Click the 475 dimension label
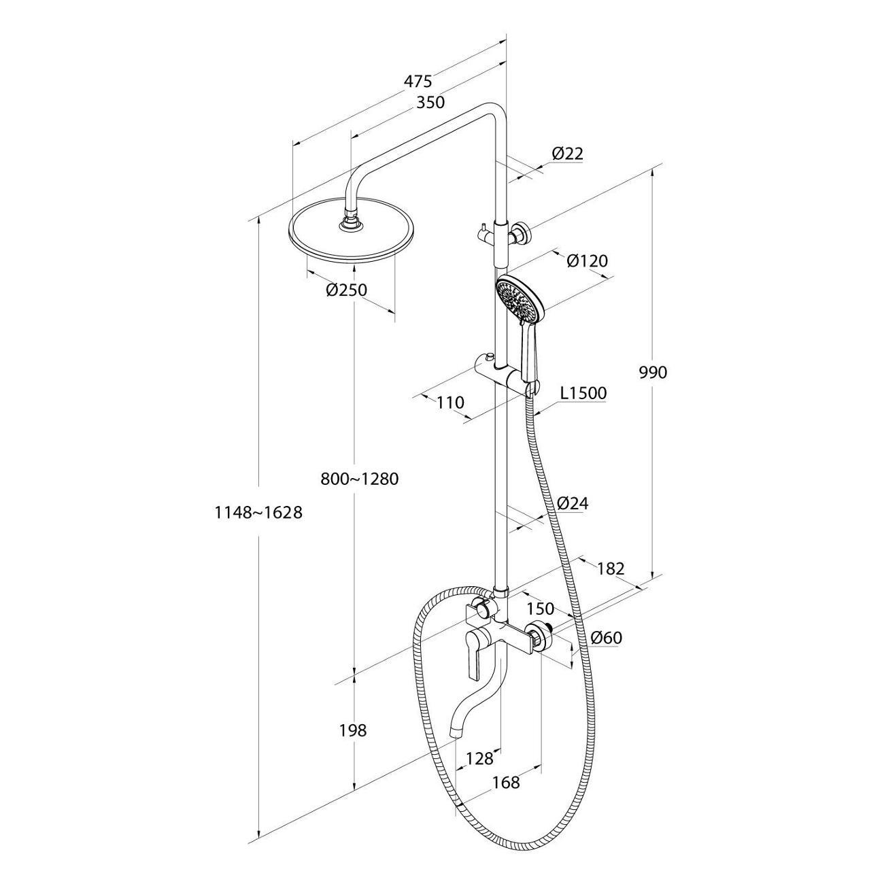click(418, 81)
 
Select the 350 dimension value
click(430, 102)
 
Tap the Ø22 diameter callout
click(568, 153)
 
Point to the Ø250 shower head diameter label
click(347, 290)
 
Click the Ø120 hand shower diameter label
click(588, 260)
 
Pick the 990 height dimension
click(653, 373)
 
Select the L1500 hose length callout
click(583, 392)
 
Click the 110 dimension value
click(450, 403)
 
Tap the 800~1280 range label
click(360, 479)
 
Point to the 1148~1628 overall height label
click(258, 512)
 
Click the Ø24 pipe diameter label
click(572, 503)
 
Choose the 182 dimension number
click(611, 569)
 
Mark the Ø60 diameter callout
click(607, 638)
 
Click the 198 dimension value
click(353, 730)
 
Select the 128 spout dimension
click(479, 759)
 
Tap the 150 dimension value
click(541, 609)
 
